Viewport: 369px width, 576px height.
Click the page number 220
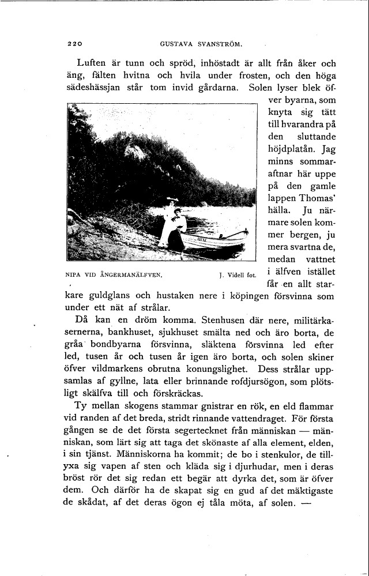(76, 43)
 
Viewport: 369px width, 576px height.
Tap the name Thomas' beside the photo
(316, 201)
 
